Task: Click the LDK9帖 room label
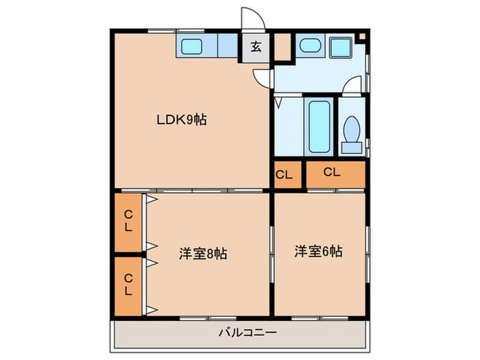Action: click(181, 120)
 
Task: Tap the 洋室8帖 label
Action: click(203, 254)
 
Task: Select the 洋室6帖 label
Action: click(319, 252)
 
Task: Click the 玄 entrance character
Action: click(255, 47)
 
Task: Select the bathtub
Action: click(319, 127)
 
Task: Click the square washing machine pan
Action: click(339, 47)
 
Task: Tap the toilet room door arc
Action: click(352, 85)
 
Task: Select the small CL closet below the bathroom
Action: click(284, 175)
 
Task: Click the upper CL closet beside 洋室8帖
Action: click(128, 221)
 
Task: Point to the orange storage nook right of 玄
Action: click(282, 47)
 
